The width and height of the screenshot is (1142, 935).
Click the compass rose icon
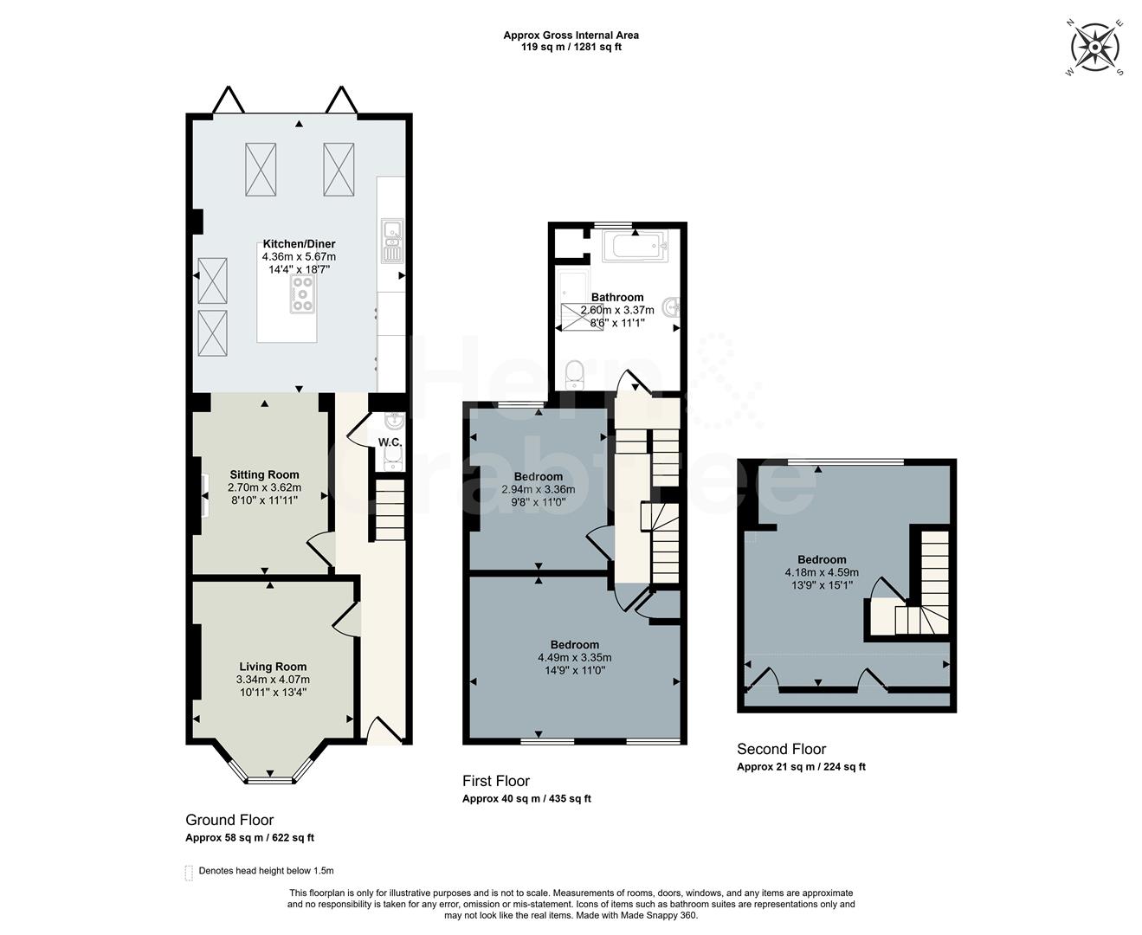click(x=1095, y=48)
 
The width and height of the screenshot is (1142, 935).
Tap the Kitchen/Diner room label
click(x=299, y=244)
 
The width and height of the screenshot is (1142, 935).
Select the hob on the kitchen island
click(x=302, y=293)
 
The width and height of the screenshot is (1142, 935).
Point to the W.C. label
click(x=390, y=442)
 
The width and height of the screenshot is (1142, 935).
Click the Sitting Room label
click(x=264, y=474)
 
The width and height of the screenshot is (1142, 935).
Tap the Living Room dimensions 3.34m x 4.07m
click(x=273, y=680)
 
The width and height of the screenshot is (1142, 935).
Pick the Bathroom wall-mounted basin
click(x=672, y=306)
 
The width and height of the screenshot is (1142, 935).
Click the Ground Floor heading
click(x=229, y=820)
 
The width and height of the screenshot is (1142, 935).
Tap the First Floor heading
click(x=495, y=781)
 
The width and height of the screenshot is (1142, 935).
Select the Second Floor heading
click(x=781, y=749)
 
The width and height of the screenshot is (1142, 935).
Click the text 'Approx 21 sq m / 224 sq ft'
click(x=801, y=767)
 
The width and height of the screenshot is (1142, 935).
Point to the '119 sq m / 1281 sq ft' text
click(x=571, y=47)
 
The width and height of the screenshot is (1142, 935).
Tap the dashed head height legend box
click(x=189, y=872)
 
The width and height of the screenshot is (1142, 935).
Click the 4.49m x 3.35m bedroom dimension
click(x=574, y=657)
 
